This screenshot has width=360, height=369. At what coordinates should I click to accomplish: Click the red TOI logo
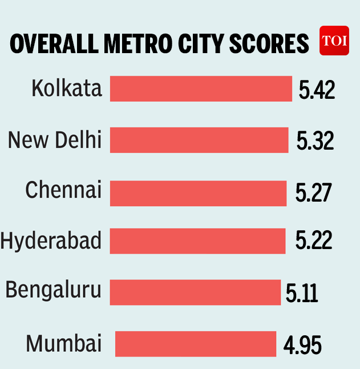(334, 41)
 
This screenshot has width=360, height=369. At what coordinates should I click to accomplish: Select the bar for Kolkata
(201, 89)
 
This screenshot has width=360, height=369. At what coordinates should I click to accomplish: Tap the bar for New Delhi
(199, 140)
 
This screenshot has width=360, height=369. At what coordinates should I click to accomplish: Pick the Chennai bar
(198, 193)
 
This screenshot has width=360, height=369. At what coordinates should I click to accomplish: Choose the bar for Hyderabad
(197, 241)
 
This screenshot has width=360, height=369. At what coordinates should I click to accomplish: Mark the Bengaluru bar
(195, 292)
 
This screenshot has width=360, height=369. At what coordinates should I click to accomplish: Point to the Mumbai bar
(196, 344)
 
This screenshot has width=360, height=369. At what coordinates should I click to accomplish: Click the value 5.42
(317, 90)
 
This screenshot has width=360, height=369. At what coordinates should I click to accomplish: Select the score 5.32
(315, 141)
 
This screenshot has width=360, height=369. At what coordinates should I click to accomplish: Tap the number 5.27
(313, 194)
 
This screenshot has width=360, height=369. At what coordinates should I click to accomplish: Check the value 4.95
(302, 345)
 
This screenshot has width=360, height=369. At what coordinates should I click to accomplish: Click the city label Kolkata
(67, 89)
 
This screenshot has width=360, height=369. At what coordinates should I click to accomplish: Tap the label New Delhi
(55, 139)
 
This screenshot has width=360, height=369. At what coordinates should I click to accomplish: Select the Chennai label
(63, 190)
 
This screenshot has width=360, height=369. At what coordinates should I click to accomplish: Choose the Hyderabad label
(51, 241)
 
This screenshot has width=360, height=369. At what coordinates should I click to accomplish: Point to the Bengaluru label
(54, 291)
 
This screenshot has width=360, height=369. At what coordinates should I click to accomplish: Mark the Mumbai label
(64, 344)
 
